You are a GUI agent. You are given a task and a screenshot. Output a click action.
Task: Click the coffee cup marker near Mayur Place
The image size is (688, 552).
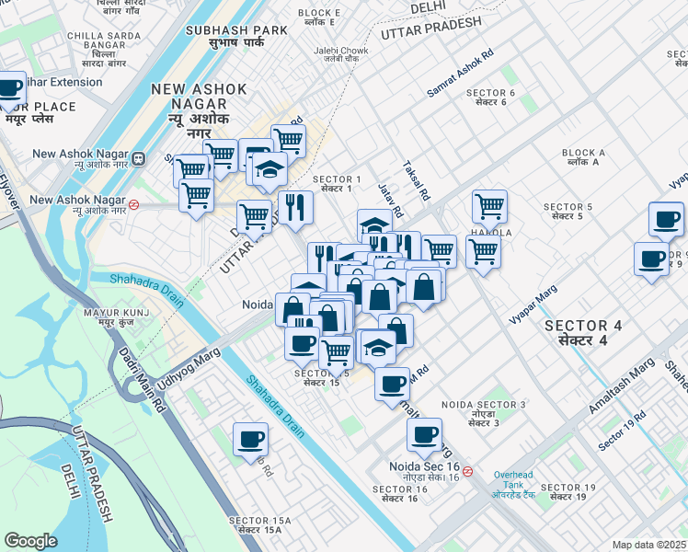click(x=10, y=89)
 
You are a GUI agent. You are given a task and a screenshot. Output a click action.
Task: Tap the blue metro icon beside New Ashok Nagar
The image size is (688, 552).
click(x=137, y=158)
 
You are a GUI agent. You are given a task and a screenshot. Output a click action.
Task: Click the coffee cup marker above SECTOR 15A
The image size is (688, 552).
click(x=249, y=439)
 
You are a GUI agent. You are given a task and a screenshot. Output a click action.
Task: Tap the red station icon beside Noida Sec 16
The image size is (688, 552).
click(x=467, y=471)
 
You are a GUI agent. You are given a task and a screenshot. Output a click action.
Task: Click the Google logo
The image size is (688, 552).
click(x=30, y=541)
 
